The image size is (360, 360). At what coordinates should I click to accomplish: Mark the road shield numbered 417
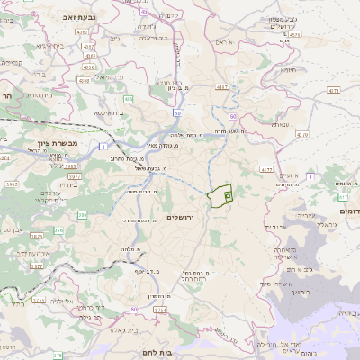point(343,196)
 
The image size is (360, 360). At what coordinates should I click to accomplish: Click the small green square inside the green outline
point(227,193)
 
